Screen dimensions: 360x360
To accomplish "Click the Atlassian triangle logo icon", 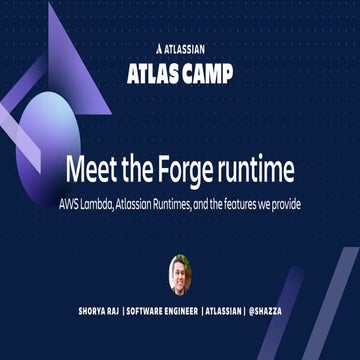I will (x=160, y=46).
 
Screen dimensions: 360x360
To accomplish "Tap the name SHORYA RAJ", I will (x=94, y=311).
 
